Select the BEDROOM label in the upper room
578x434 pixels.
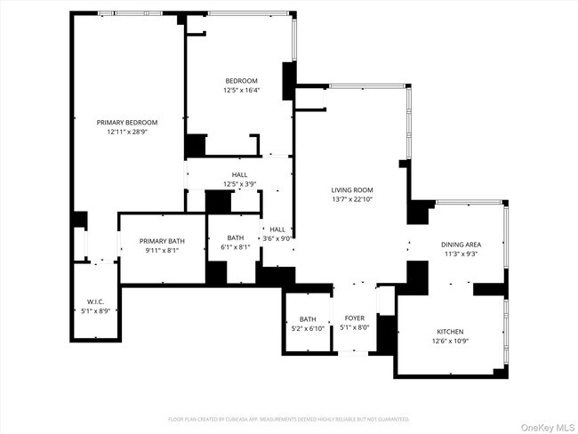240,81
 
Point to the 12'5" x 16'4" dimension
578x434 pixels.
240,90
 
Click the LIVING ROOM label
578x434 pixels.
352,190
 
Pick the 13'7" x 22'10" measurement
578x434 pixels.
352,200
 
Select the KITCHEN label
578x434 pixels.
449,332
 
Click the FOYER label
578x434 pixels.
355,318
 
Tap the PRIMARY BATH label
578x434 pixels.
162,241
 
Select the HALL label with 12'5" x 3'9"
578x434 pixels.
240,175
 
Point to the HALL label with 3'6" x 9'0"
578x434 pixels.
278,229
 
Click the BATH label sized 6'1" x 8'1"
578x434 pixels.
236,237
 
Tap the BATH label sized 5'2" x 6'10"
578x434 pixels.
308,318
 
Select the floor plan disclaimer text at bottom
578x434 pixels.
289,418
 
